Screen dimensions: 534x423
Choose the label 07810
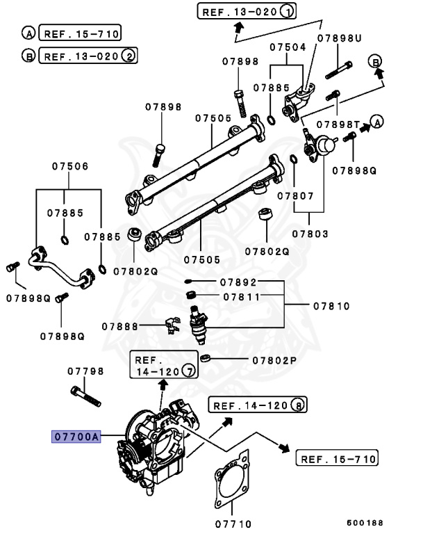coord(331,306)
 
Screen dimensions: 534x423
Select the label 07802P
coord(274,361)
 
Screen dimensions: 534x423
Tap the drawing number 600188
coord(365,522)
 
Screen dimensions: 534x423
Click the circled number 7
coord(188,372)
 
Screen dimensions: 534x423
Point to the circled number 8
coord(298,405)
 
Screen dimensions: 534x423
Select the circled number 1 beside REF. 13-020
coord(288,11)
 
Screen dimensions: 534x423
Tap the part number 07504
coord(288,48)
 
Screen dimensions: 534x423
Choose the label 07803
coord(310,234)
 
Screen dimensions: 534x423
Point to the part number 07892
coord(240,282)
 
